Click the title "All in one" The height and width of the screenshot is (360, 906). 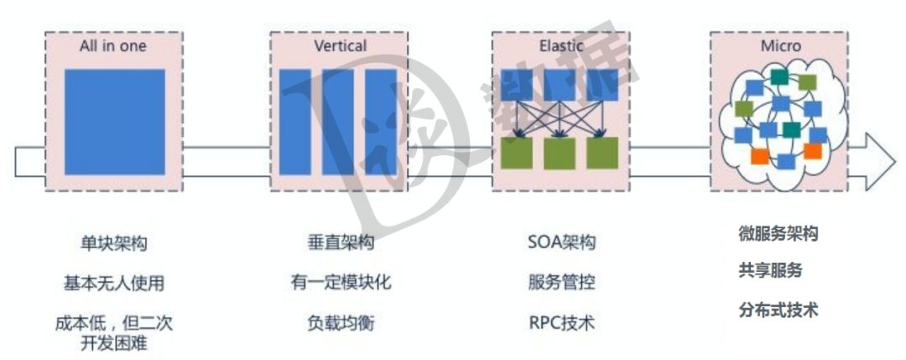click(x=113, y=45)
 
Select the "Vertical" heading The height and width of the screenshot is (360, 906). click(x=339, y=45)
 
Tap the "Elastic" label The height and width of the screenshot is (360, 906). click(x=560, y=45)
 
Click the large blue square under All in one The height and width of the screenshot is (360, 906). click(x=114, y=122)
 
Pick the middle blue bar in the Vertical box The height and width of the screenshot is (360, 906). click(x=338, y=122)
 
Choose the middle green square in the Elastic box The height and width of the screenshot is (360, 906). click(x=560, y=153)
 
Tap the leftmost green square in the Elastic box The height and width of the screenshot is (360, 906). click(x=517, y=153)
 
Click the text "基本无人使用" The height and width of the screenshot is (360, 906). click(x=113, y=283)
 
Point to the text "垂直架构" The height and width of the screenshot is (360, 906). click(x=340, y=244)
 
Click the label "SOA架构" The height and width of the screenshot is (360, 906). click(x=561, y=244)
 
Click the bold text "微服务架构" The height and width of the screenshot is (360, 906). click(x=778, y=234)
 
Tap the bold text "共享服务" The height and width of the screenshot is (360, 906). click(x=770, y=271)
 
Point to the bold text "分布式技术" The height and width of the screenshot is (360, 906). click(x=778, y=310)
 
